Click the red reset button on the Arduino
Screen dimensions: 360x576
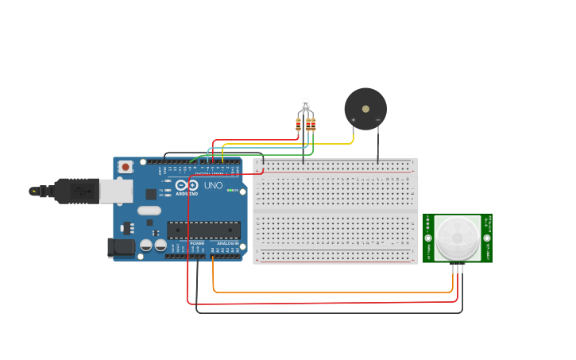pyautogui.click(x=125, y=167)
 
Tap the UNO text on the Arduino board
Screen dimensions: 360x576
pyautogui.click(x=213, y=186)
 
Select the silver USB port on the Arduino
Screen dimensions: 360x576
pyautogui.click(x=116, y=191)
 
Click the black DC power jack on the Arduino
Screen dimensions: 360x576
pyautogui.click(x=121, y=247)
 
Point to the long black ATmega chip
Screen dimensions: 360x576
pyautogui.click(x=203, y=230)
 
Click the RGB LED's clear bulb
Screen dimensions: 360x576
pyautogui.click(x=306, y=103)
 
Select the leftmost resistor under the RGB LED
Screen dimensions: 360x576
pyautogui.click(x=298, y=125)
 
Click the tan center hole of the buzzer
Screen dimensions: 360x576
pyautogui.click(x=365, y=109)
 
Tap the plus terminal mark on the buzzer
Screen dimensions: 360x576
pyautogui.click(x=354, y=120)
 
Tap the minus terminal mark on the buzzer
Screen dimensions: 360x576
pyautogui.click(x=377, y=120)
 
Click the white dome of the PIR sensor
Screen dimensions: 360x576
pyautogui.click(x=458, y=237)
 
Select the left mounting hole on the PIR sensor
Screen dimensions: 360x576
pyautogui.click(x=428, y=238)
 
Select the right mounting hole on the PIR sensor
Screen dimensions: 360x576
pyautogui.click(x=487, y=238)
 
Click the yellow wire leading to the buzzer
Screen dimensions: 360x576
pyautogui.click(x=286, y=144)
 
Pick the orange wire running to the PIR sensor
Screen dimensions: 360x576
pyautogui.click(x=334, y=292)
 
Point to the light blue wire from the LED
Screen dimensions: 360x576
pyautogui.click(x=254, y=148)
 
